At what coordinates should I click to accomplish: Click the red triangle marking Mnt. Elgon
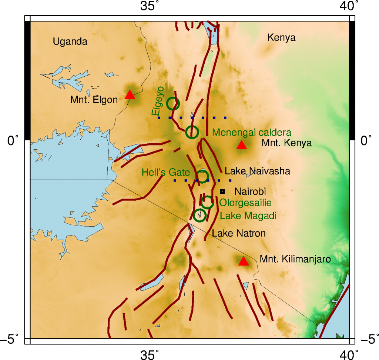pos(130,95)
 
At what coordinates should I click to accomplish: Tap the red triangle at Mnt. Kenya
pos(242,146)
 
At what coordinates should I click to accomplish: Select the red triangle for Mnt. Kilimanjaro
pos(243,261)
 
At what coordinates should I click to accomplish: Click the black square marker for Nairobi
pos(222,191)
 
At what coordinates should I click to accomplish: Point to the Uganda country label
pos(70,42)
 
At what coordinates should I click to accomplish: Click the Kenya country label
pos(282,38)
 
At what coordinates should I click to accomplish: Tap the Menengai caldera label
pos(252,132)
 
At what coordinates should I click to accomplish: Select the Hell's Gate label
pos(166,172)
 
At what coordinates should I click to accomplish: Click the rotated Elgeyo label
pos(157,105)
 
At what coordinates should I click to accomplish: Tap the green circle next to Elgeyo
pos(173,104)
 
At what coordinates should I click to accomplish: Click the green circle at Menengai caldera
pos(192,132)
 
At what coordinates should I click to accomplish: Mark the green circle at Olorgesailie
pos(207,202)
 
